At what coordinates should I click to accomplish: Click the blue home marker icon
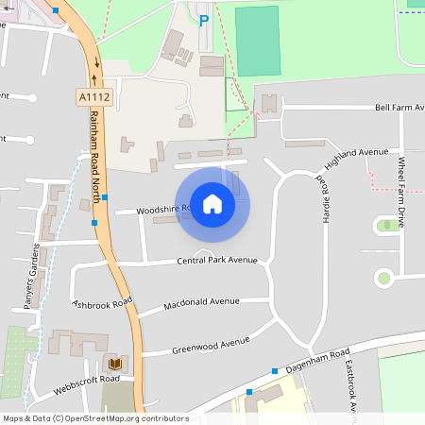(212, 203)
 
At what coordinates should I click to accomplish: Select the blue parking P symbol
(204, 19)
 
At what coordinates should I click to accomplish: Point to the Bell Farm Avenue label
(399, 108)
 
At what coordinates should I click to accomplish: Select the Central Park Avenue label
(217, 261)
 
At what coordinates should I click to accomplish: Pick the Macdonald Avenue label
(202, 304)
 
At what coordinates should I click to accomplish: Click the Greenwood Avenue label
(211, 345)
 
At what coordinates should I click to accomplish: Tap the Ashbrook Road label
(102, 304)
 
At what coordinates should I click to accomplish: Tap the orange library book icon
(115, 364)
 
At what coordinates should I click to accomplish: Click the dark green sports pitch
(258, 40)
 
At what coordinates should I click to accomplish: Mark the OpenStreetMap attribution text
(96, 417)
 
